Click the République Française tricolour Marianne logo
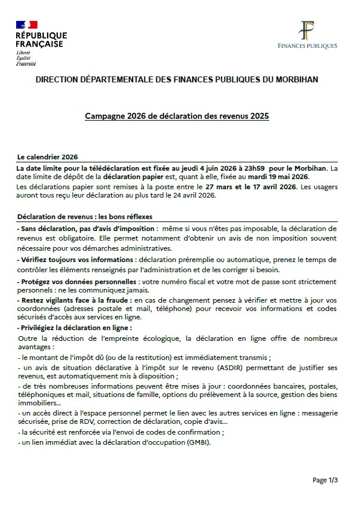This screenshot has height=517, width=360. [x=27, y=24]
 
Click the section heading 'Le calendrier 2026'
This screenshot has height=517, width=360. [x=48, y=156]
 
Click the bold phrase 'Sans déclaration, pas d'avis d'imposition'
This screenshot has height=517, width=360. [x=87, y=229]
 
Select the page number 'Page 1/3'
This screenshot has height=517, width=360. [x=325, y=479]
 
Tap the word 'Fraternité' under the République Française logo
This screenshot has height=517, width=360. [x=26, y=63]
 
